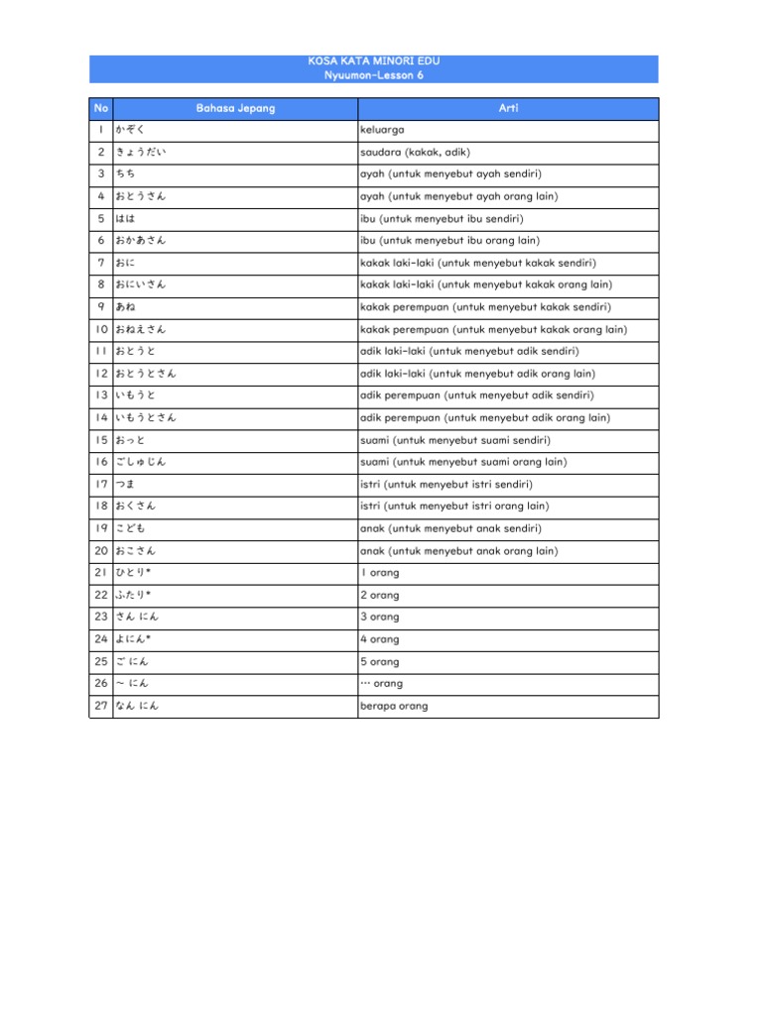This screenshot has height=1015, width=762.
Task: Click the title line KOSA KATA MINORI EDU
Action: click(x=374, y=61)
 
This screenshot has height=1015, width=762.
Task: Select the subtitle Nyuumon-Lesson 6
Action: click(x=374, y=75)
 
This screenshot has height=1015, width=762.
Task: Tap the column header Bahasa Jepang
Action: click(x=235, y=108)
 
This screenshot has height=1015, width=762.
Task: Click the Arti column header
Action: click(x=508, y=108)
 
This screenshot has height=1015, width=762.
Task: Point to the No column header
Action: click(x=101, y=108)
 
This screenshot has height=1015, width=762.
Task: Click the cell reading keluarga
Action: click(x=382, y=130)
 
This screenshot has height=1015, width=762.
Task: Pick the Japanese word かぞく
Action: click(x=131, y=130)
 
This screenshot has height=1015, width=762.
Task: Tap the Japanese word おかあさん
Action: click(x=141, y=241)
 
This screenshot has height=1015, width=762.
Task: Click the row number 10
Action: click(x=101, y=329)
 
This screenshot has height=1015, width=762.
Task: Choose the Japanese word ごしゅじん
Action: click(x=141, y=462)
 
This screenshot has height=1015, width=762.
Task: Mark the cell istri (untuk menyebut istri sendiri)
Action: click(x=446, y=485)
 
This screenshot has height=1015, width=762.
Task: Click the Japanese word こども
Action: click(x=131, y=528)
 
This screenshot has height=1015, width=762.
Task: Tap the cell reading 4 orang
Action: click(x=380, y=639)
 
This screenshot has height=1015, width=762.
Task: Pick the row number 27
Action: click(x=101, y=707)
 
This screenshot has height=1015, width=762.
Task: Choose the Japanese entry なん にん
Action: click(x=137, y=707)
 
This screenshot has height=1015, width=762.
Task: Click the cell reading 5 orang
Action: click(x=380, y=661)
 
